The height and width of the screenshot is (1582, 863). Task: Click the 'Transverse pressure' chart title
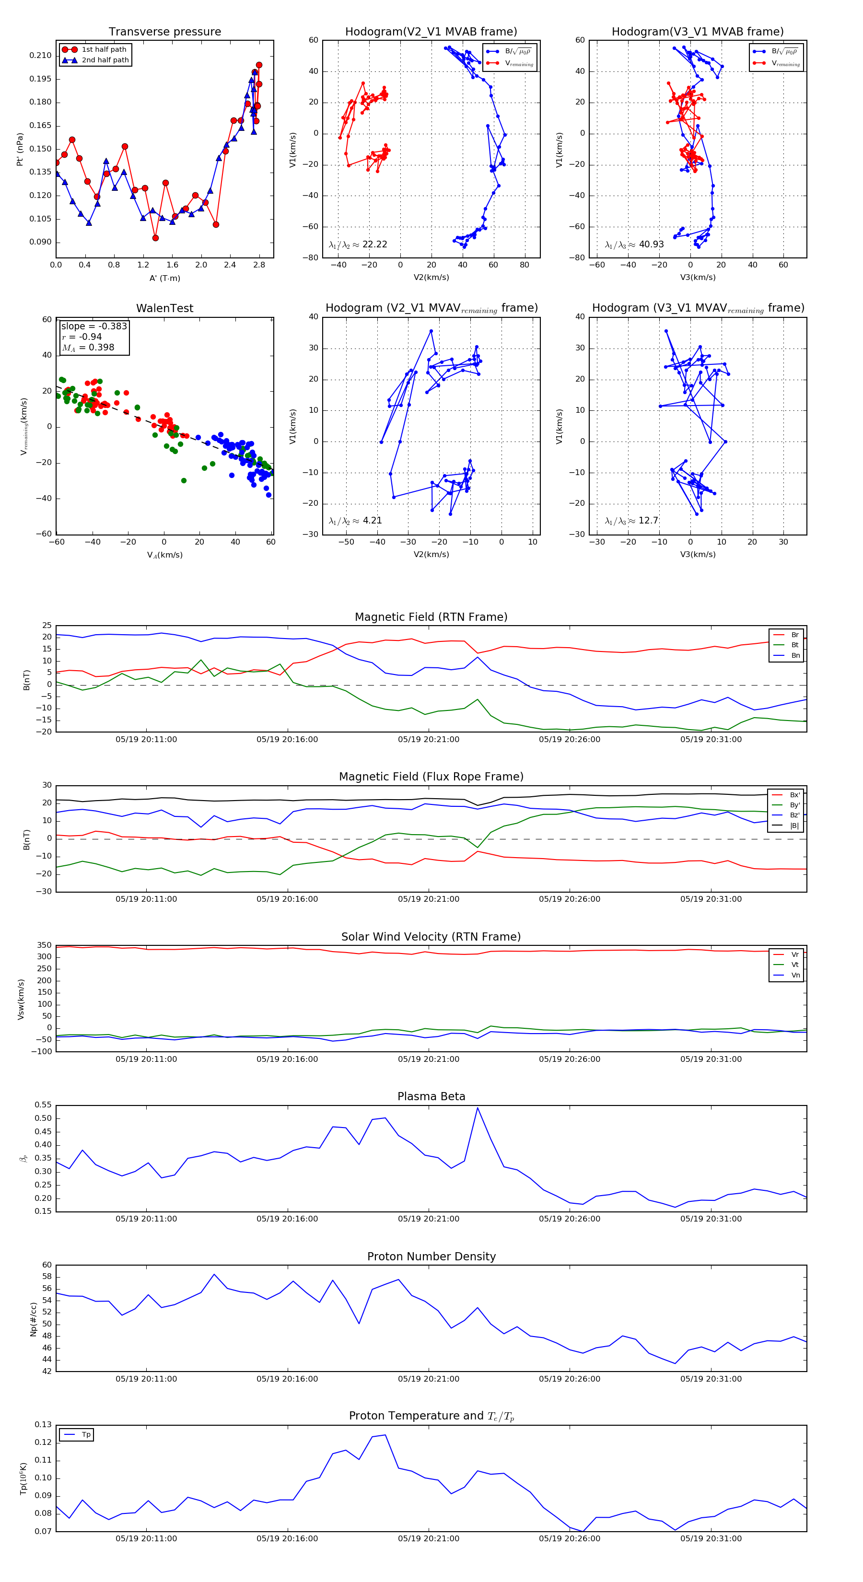164,32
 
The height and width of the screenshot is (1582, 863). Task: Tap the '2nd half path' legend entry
105,60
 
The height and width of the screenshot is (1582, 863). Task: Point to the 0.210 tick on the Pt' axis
41,55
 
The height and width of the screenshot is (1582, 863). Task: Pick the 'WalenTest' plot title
164,308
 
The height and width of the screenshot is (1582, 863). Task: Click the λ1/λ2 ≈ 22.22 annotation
358,244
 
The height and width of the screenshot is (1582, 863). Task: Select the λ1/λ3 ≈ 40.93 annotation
634,244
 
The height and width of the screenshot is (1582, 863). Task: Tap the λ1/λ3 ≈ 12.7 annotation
631,521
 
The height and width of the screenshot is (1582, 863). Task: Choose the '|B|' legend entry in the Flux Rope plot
794,826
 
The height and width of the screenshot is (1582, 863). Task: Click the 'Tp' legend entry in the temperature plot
86,1435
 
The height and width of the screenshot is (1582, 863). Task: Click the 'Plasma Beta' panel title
431,1096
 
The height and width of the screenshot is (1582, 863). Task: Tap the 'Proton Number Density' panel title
431,1256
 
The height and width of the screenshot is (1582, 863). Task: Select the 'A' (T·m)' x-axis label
164,278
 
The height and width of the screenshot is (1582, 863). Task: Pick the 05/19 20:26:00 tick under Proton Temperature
570,1538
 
